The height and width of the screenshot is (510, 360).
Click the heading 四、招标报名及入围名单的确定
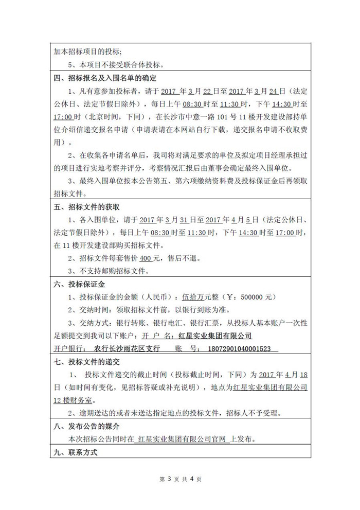(x=105, y=78)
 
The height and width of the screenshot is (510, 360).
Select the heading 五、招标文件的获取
(x=87, y=207)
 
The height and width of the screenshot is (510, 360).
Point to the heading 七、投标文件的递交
(x=87, y=362)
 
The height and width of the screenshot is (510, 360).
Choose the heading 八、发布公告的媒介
(x=87, y=426)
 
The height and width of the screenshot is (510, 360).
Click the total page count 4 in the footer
(x=191, y=479)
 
